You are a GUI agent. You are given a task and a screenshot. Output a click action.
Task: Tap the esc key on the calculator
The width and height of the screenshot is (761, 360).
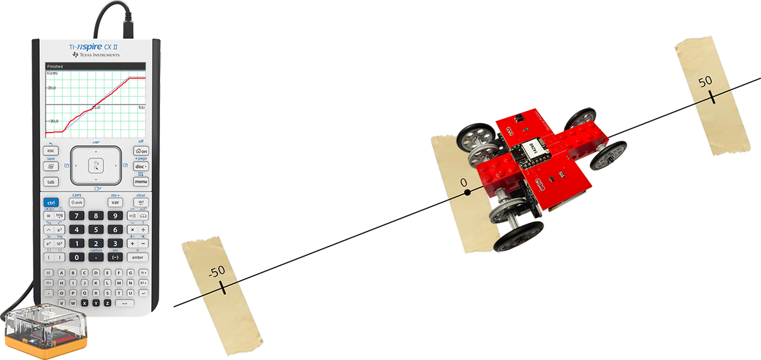(x=51, y=151)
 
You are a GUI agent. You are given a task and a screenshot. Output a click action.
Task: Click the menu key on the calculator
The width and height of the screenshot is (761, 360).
(x=141, y=181)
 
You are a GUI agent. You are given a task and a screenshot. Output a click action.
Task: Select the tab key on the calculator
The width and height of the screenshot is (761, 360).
(x=51, y=181)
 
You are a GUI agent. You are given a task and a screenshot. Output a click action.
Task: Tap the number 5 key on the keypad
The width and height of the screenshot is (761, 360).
(x=96, y=229)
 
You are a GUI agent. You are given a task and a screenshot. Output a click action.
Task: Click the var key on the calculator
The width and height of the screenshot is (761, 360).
(x=115, y=202)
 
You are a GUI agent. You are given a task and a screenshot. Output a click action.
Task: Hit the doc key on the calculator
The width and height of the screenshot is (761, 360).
(x=141, y=166)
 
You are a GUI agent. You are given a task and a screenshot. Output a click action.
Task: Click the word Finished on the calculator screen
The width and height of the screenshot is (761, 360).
(x=55, y=66)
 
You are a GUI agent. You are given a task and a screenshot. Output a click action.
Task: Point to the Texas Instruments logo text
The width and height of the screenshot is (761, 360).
(x=95, y=55)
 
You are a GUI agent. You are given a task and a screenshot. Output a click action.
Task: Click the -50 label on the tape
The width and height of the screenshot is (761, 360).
(x=217, y=271)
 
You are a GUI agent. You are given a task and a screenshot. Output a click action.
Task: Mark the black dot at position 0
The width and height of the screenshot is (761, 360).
(x=467, y=190)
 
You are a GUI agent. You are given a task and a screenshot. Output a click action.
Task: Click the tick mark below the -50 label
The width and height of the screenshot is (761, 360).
(x=223, y=288)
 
